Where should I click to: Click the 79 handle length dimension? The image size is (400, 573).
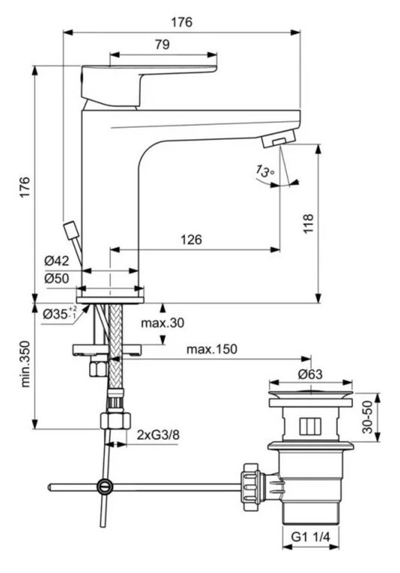pos(163,44)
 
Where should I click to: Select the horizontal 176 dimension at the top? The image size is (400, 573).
pos(181,22)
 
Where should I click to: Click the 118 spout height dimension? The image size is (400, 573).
pos(308,224)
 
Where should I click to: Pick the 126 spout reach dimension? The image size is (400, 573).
pos(191,239)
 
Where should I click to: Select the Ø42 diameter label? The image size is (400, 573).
pos(56,261)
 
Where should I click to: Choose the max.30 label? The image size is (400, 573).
pos(163,323)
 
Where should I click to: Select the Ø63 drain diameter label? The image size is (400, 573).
pos(310,374)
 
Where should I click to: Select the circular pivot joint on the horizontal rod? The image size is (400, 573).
pos(105,486)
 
